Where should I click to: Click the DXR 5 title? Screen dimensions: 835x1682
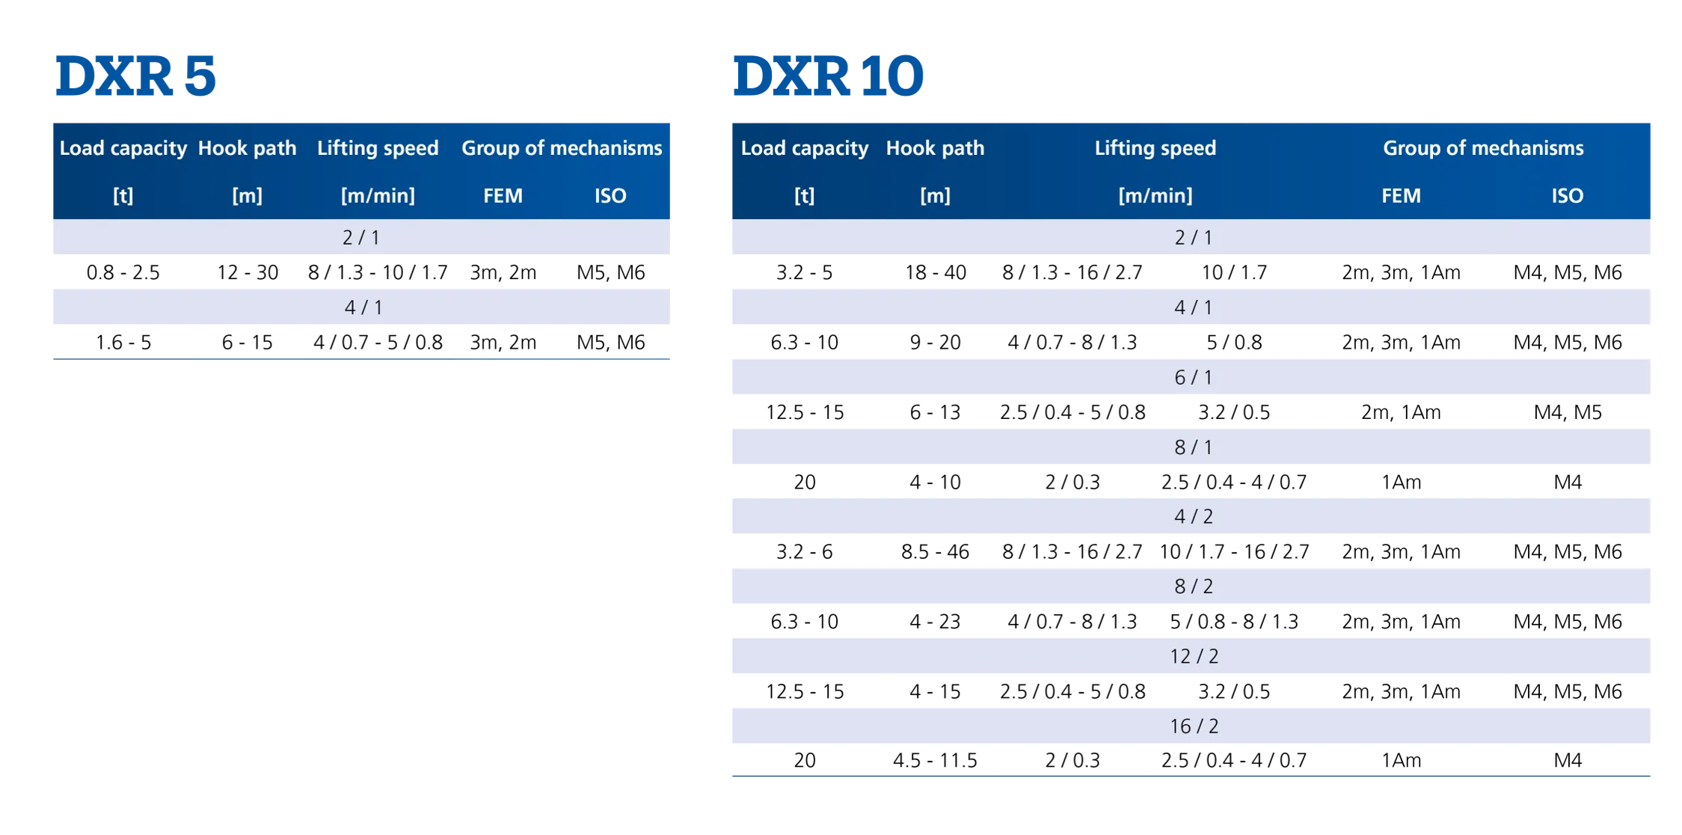136,76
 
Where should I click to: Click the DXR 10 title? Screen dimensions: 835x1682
828,76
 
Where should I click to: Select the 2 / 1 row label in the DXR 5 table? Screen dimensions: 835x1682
361,238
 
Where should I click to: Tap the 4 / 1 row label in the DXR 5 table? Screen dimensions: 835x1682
363,308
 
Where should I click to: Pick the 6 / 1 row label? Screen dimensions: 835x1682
1193,377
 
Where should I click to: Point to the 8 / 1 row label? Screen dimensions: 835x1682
1193,447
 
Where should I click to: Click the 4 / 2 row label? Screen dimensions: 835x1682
1193,517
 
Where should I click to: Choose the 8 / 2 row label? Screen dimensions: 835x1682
1193,587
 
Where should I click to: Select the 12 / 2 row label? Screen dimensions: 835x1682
1194,656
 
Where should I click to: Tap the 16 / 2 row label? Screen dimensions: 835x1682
1194,727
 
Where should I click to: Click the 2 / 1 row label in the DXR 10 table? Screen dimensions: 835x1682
1193,238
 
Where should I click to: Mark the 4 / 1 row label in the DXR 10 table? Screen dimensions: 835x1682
1193,308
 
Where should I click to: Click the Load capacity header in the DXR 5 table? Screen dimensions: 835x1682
123,148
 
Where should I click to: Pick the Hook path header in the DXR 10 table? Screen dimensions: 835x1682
935,148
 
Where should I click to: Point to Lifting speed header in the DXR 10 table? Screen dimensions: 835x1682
1155,148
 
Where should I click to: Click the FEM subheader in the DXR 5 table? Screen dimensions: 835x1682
503,196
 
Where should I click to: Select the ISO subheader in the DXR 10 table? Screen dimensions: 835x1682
1567,196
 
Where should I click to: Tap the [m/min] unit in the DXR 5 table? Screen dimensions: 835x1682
378,196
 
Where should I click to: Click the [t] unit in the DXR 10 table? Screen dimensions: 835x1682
804,196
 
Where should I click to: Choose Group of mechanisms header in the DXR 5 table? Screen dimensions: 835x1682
562,148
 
